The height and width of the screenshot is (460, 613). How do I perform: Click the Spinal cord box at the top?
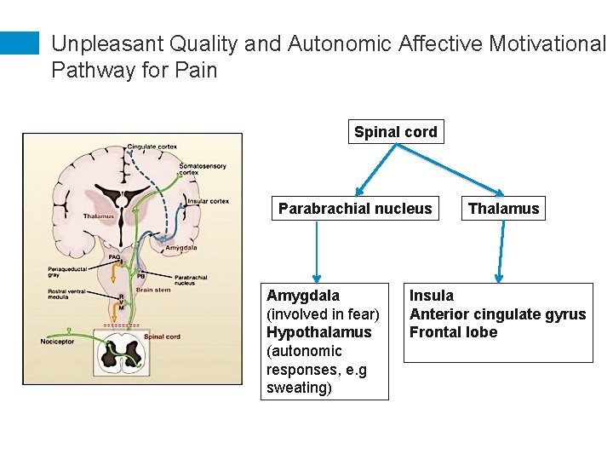396,132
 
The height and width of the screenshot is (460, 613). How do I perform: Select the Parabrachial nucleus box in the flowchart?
355,209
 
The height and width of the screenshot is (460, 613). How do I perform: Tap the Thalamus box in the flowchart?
503,209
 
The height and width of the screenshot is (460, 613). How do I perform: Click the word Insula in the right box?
432,296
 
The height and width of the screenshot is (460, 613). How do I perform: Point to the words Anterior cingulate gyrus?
497,314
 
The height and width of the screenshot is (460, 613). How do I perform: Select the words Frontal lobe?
453,332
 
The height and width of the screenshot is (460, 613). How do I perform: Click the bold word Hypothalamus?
318,332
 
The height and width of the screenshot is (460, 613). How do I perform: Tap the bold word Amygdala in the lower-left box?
302,296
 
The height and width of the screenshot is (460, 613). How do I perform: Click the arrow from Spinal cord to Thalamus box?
450,170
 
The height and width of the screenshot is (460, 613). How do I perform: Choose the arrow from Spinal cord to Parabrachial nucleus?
377,170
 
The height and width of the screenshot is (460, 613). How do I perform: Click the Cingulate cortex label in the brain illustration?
152,147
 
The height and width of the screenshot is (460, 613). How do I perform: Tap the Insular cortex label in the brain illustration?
208,202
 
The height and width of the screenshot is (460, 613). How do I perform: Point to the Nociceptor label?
57,342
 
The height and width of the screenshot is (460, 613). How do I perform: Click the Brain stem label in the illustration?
153,290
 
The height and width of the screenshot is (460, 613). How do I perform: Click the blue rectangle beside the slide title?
20,44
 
